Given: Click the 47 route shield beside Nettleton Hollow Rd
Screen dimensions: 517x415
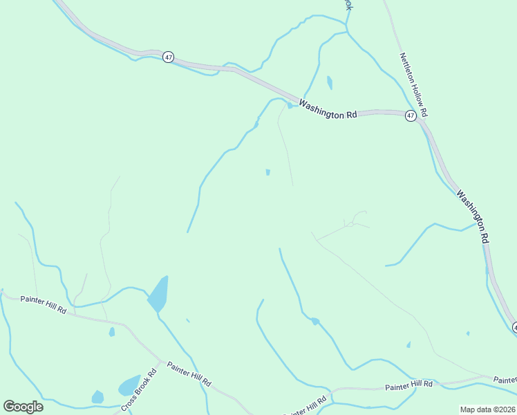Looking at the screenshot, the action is [x=411, y=116].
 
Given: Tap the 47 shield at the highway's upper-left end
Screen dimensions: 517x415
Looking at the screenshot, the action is [x=168, y=57].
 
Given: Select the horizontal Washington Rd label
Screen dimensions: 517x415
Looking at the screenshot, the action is [x=327, y=110].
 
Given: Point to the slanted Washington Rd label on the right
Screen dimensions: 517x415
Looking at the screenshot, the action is [x=473, y=215].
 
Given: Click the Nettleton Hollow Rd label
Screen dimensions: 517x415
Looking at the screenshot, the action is [x=414, y=84].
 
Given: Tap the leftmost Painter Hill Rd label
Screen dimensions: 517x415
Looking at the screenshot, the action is [x=43, y=304].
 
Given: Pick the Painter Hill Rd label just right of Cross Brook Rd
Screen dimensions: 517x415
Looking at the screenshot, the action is [x=189, y=374].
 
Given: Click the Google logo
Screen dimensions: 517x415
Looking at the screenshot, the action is [x=23, y=407].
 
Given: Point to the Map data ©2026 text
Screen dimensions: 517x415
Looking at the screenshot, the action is [x=487, y=409].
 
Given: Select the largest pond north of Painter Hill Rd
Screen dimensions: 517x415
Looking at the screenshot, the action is [x=158, y=295].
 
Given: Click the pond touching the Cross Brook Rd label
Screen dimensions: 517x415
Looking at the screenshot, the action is [x=129, y=385].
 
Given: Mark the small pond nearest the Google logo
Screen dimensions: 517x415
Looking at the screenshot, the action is [x=97, y=397].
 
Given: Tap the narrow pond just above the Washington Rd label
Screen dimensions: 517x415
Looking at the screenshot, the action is [x=329, y=83].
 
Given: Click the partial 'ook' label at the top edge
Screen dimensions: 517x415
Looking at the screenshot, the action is [x=349, y=4].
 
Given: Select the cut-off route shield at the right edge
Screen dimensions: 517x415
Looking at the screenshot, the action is [x=514, y=326].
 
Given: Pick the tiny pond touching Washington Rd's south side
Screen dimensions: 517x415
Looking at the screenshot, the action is [x=289, y=106].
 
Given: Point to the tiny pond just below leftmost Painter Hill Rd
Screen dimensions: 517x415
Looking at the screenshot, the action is [x=111, y=332].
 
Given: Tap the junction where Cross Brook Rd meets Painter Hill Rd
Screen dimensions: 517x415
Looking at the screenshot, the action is [x=161, y=361].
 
